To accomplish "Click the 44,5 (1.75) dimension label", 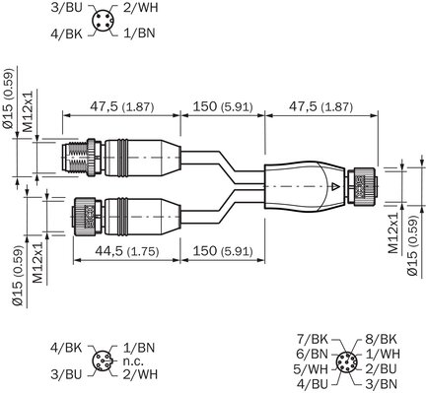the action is click(127, 251).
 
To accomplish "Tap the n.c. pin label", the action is click(133, 361).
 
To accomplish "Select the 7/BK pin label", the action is click(313, 339).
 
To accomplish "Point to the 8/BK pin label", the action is click(381, 339).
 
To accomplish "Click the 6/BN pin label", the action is click(313, 354).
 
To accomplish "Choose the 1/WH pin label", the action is click(383, 354).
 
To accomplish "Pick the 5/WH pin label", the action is click(311, 369).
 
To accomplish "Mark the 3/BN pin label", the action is click(381, 384).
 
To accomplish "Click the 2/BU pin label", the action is click(381, 369).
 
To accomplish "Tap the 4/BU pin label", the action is click(313, 384).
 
